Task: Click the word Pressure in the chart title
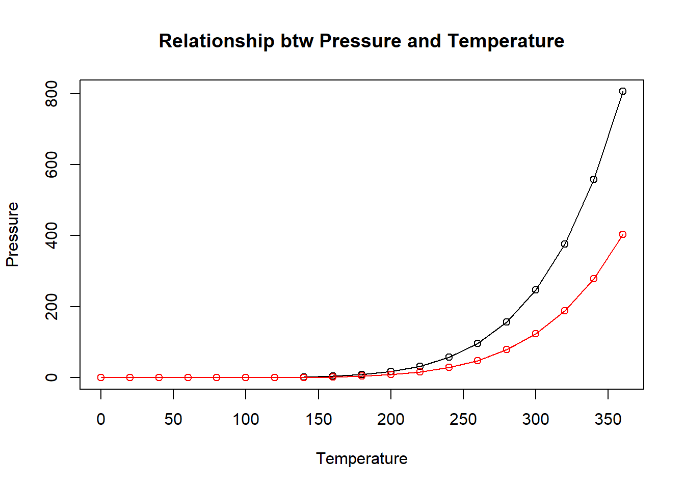point(360,41)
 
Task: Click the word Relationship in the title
point(217,41)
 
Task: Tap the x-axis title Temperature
point(361,458)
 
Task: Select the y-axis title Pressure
point(12,234)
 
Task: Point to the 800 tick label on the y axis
point(51,94)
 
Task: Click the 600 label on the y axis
point(51,165)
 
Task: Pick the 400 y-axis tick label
point(51,235)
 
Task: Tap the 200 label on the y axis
point(51,307)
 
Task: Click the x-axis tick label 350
point(608,419)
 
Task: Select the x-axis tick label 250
point(463,419)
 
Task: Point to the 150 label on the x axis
point(319,419)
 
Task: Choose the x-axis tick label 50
point(173,419)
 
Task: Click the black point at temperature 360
point(622,91)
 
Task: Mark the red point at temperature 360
point(622,234)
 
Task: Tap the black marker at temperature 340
point(593,179)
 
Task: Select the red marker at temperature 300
point(536,334)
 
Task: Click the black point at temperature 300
point(536,290)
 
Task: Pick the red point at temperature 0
point(101,377)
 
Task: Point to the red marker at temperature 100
point(246,377)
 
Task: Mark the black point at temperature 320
point(565,244)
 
